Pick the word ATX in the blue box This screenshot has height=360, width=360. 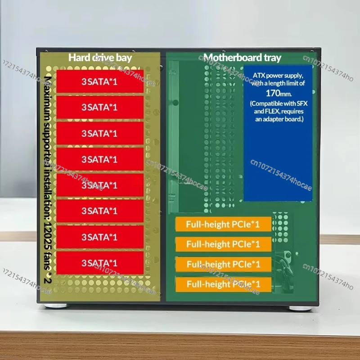259,75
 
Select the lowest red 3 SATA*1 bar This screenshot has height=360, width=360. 100,263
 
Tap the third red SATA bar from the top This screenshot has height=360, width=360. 100,134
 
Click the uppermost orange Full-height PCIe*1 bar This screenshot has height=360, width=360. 223,224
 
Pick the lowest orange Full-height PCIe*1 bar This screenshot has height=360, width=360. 223,284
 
